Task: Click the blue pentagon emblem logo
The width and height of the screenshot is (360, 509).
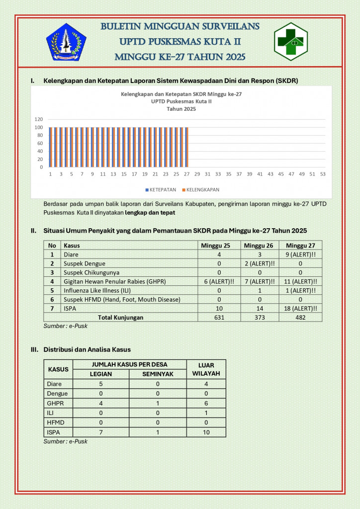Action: pyautogui.click(x=66, y=42)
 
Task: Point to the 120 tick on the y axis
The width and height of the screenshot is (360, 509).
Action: pyautogui.click(x=39, y=119)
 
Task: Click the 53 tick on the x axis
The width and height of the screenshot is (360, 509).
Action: pyautogui.click(x=323, y=174)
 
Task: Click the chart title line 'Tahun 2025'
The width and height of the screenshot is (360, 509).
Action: pyautogui.click(x=181, y=109)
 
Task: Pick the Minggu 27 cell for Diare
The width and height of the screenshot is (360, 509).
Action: pyautogui.click(x=300, y=254)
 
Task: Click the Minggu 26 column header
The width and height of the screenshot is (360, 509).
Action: pyautogui.click(x=259, y=245)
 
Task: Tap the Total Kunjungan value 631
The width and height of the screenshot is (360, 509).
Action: pyautogui.click(x=219, y=317)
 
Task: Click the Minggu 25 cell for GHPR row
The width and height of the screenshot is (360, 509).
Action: pyautogui.click(x=219, y=281)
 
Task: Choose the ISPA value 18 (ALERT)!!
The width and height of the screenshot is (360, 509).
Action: pyautogui.click(x=300, y=308)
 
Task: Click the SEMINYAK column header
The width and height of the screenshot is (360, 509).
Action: pyautogui.click(x=158, y=374)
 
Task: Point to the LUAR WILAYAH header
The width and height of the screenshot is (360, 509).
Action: pyautogui.click(x=206, y=369)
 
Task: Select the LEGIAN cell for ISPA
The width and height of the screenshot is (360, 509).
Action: pyautogui.click(x=101, y=432)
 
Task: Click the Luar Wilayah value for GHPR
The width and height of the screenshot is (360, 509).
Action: pyautogui.click(x=206, y=403)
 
